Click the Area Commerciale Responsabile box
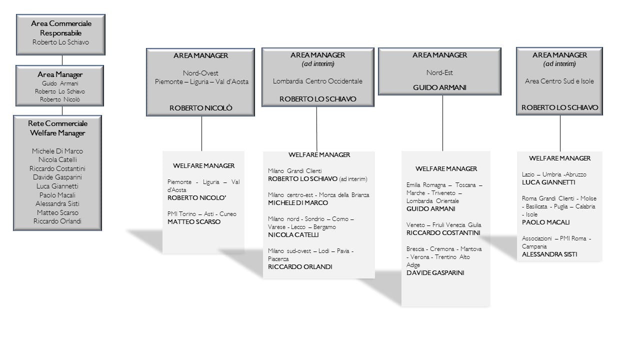click(60, 34)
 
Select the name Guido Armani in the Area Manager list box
click(60, 83)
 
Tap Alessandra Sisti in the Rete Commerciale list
click(57, 203)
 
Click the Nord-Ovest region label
click(200, 73)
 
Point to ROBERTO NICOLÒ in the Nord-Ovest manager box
click(201, 108)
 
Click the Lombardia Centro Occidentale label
click(317, 81)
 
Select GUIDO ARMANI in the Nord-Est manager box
click(439, 87)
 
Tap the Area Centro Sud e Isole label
click(559, 81)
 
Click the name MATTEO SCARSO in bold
click(194, 221)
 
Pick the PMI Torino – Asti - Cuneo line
click(201, 213)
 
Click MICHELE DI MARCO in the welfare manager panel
click(298, 203)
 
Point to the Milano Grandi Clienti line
click(295, 171)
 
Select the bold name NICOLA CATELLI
click(293, 235)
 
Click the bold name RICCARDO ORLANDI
click(300, 267)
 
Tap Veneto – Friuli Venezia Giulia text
click(443, 225)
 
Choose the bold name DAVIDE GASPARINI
click(435, 273)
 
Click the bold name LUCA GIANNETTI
click(548, 182)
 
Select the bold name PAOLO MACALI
click(545, 222)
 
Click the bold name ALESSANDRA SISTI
click(549, 254)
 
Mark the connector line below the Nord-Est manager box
click(442, 123)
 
